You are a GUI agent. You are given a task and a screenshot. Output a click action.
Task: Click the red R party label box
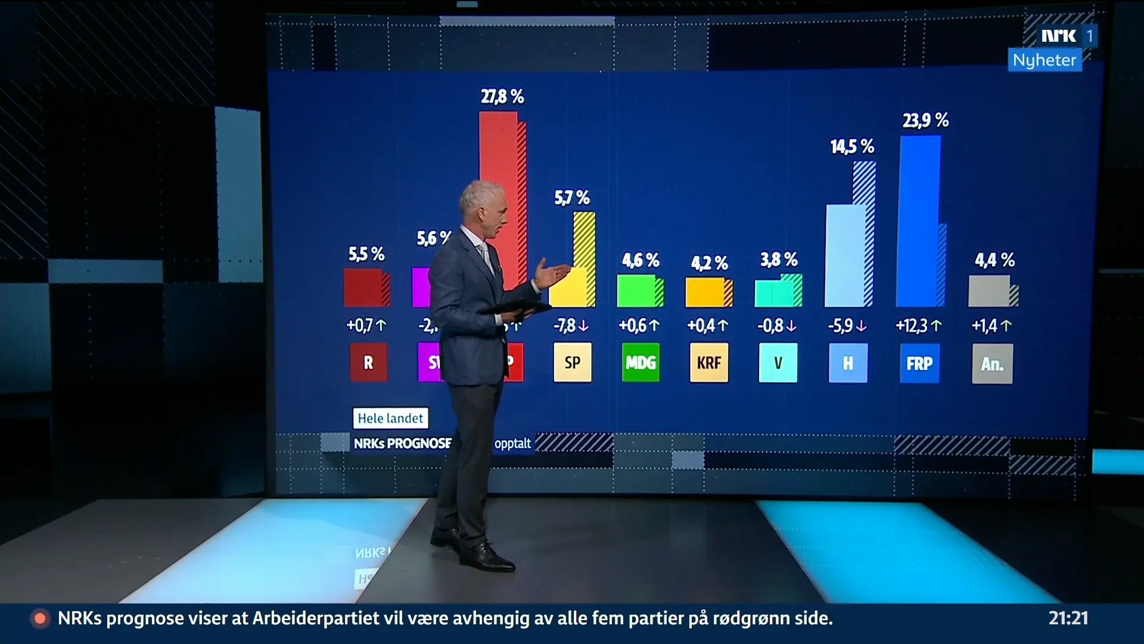(368, 363)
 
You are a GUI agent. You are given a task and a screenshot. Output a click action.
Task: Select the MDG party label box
(641, 363)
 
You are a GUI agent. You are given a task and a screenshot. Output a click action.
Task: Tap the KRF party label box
(709, 363)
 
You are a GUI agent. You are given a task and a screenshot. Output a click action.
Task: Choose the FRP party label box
(919, 364)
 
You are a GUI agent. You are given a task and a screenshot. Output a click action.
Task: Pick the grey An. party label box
(992, 364)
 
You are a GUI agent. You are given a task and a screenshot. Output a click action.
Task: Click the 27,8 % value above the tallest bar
(502, 97)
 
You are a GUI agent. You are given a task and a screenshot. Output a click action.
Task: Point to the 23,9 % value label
(925, 120)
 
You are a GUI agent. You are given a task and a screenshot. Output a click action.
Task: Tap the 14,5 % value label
(852, 147)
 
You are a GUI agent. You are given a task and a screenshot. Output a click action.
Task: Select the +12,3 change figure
(918, 326)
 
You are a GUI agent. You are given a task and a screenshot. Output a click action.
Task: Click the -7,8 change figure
(571, 326)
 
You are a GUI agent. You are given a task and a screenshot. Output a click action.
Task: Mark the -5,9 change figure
(847, 326)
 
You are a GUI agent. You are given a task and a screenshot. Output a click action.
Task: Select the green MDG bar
(636, 291)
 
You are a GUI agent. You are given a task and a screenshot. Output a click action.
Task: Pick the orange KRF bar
(705, 292)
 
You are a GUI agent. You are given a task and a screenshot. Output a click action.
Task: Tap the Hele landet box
(390, 419)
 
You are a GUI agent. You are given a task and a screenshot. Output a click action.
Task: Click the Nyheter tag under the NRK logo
(1044, 60)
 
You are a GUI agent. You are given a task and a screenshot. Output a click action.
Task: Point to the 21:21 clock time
(1068, 618)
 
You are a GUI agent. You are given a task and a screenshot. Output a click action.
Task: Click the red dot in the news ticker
(41, 619)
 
